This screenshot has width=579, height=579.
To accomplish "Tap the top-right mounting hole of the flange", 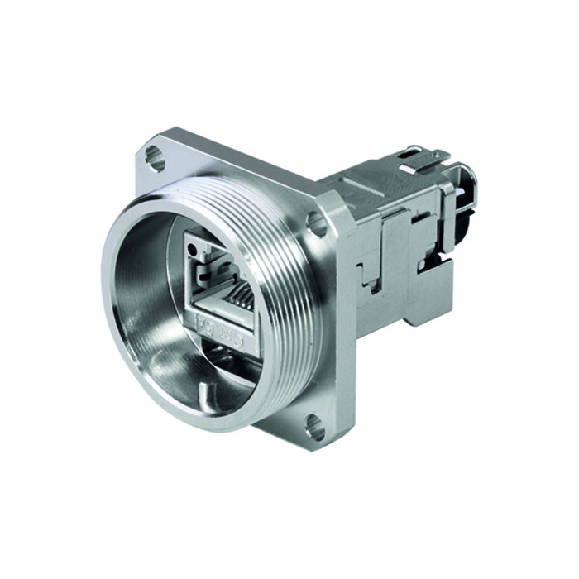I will click(x=316, y=222).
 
